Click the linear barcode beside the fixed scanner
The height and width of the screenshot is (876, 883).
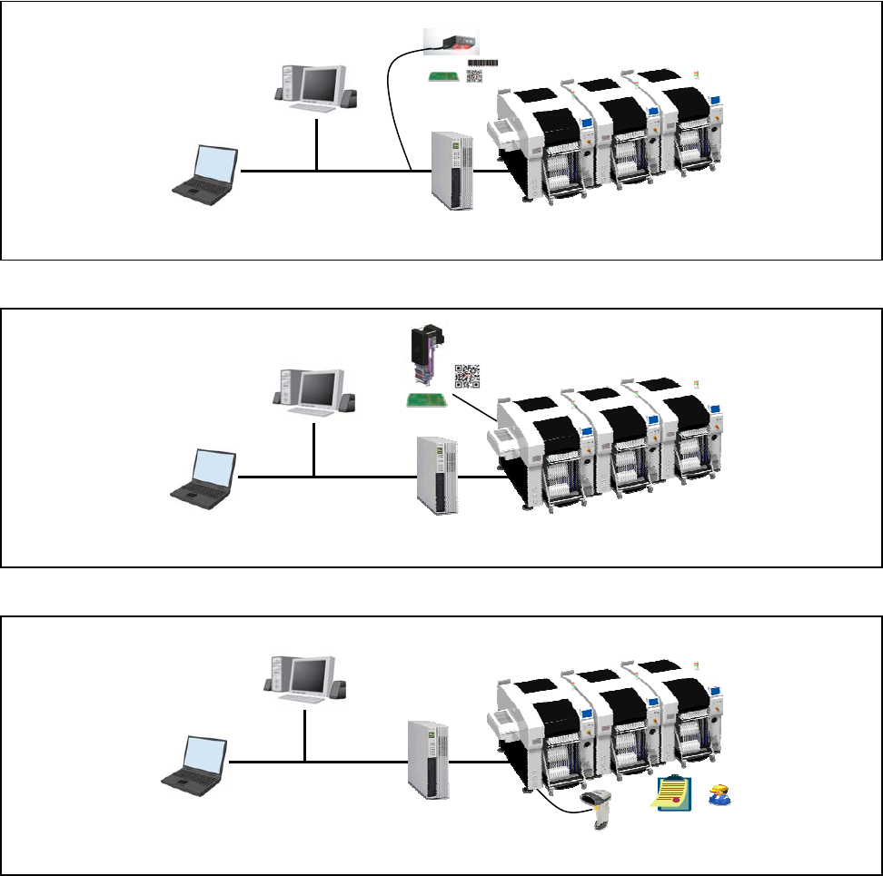(482, 62)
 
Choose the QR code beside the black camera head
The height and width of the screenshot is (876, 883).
(466, 376)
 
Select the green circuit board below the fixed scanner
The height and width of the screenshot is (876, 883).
(446, 76)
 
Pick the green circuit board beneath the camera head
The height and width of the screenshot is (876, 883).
(422, 399)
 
